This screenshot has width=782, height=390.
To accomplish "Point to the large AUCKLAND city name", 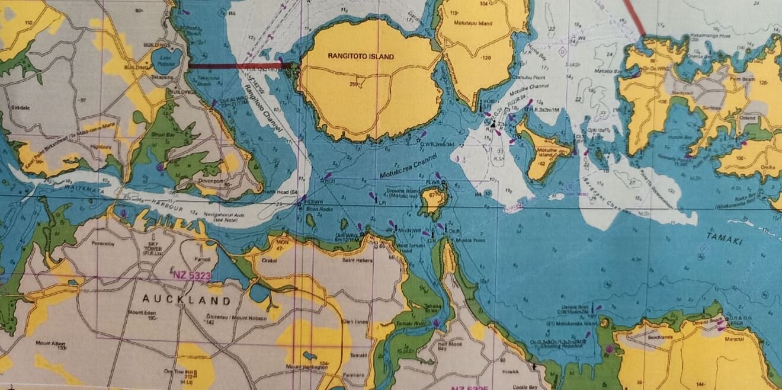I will [185, 300].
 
